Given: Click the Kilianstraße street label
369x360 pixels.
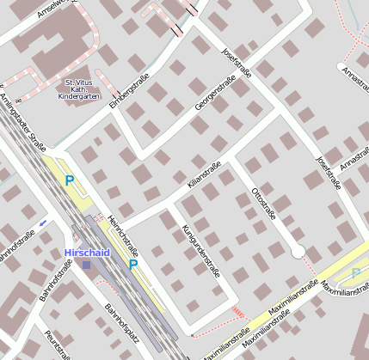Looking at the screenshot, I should [x=204, y=174].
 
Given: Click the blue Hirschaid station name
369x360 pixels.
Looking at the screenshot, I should [x=86, y=253].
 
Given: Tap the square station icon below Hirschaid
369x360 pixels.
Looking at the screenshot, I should [x=86, y=265].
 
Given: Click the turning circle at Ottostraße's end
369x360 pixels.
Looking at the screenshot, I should [x=298, y=251].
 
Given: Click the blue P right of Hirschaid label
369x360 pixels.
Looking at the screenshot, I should [x=133, y=265].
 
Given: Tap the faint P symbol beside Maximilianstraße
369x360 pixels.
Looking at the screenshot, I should [x=357, y=273].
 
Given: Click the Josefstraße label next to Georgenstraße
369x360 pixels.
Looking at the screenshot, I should [x=234, y=62].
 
